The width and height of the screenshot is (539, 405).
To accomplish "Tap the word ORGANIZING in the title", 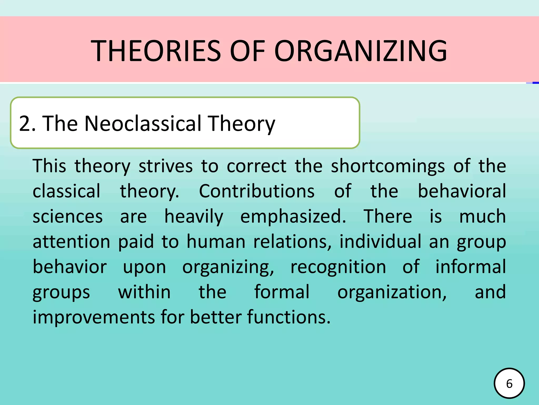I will coord(361,51).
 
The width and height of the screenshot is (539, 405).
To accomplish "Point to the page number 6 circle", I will coord(509,383).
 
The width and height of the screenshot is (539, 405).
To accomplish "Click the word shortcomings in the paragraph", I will coord(388,166).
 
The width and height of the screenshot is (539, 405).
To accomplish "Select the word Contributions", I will coord(257,191).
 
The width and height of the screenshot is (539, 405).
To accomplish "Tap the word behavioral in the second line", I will coord(462,191).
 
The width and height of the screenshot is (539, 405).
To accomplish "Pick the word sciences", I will coord(68,217).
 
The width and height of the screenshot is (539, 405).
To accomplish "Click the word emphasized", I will coord(293,217).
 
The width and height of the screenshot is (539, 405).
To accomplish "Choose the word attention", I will coord(71,242).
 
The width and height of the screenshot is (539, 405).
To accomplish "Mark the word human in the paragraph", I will coord(216,242).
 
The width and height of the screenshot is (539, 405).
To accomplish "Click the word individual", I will coord(380,242).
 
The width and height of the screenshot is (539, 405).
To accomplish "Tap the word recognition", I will coord(338,267).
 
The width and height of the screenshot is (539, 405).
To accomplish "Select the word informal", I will coord(470,267).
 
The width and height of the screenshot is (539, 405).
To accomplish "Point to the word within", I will coord(144,292).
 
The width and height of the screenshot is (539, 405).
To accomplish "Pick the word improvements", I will coord(93,317).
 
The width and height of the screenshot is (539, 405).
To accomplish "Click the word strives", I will coord(166,166).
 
